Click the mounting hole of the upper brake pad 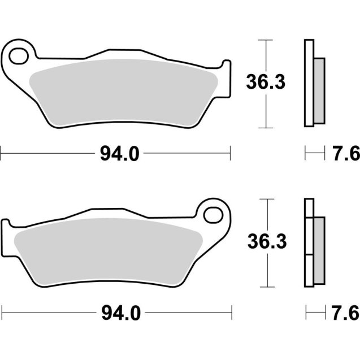pyautogui.click(x=18, y=56)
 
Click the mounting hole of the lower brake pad pyautogui.click(x=215, y=214)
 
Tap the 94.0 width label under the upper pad pyautogui.click(x=119, y=153)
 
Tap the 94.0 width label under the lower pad pyautogui.click(x=119, y=311)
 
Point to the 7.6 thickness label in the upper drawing pyautogui.click(x=344, y=153)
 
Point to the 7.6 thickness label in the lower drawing pyautogui.click(x=344, y=311)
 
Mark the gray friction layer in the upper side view pyautogui.click(x=319, y=90)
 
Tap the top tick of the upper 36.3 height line pyautogui.click(x=265, y=40)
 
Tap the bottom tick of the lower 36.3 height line pyautogui.click(x=265, y=285)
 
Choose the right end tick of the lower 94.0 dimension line pyautogui.click(x=232, y=311)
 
